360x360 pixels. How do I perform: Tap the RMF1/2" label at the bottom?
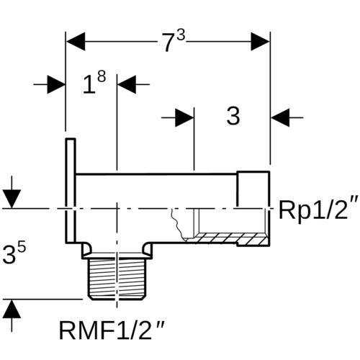click(112, 330)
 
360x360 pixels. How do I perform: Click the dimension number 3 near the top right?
click(233, 116)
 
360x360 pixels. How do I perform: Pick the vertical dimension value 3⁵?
click(14, 253)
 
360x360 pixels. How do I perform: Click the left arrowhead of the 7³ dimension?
click(76, 42)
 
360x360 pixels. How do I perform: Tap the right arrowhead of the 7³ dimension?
click(260, 42)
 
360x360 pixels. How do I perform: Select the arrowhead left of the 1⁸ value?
click(56, 84)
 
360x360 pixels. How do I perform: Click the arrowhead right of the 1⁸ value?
click(127, 84)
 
